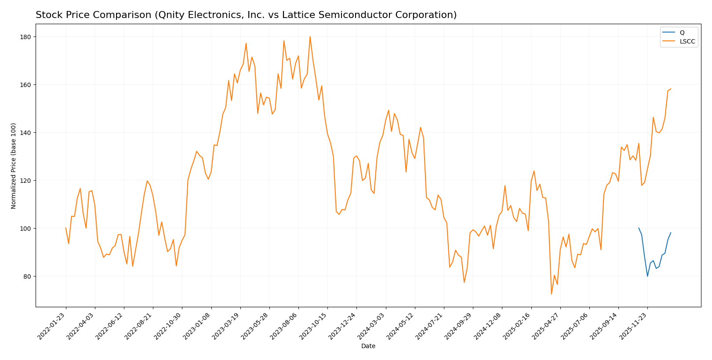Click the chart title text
(x=246, y=15)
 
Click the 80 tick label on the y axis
(x=27, y=276)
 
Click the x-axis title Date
(x=368, y=346)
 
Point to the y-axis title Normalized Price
(x=14, y=166)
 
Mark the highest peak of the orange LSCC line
(x=310, y=36)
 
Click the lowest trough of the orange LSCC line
(x=551, y=294)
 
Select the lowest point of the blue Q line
(x=647, y=276)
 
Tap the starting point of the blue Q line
(x=639, y=228)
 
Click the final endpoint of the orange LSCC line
(x=671, y=89)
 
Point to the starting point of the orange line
(x=66, y=228)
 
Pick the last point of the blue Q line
(x=671, y=233)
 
